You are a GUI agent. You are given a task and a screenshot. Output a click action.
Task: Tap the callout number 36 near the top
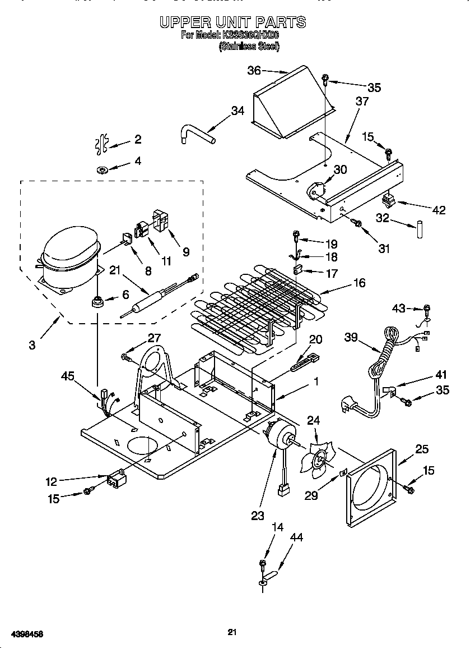coord(254,71)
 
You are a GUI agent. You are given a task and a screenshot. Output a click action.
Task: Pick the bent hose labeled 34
coord(196,135)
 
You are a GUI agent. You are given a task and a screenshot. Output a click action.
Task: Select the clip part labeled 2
coord(101,144)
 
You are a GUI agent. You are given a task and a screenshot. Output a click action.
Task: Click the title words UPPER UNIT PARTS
coord(232,22)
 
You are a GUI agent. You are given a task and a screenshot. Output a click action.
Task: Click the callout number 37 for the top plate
coord(362,102)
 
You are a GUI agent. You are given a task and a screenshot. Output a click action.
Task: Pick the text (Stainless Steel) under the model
coord(249,47)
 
